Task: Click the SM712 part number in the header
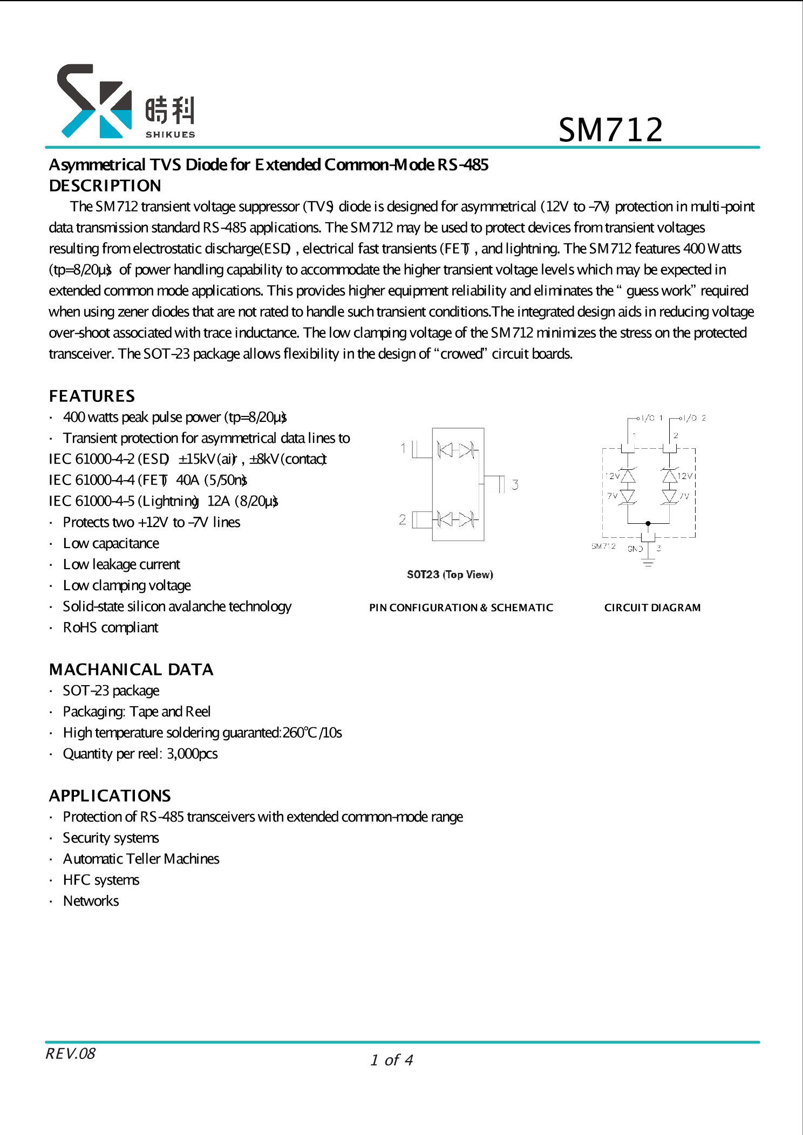click(x=610, y=130)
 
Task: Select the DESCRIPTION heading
click(x=105, y=186)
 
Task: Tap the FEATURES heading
click(x=92, y=396)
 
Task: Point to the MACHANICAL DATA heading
click(x=131, y=669)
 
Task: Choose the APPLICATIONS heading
click(x=110, y=796)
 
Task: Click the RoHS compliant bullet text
click(x=111, y=627)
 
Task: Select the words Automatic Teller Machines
click(x=141, y=859)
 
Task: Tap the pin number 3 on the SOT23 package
click(x=515, y=484)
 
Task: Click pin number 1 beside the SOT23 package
click(x=403, y=448)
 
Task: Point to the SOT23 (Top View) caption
click(x=450, y=575)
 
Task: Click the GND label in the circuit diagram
click(x=635, y=549)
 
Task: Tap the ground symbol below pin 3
click(x=648, y=563)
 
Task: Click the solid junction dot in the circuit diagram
click(x=648, y=523)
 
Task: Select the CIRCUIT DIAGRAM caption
click(x=652, y=607)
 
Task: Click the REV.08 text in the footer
click(x=70, y=1054)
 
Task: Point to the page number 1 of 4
click(x=392, y=1060)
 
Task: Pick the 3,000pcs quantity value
click(x=192, y=754)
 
